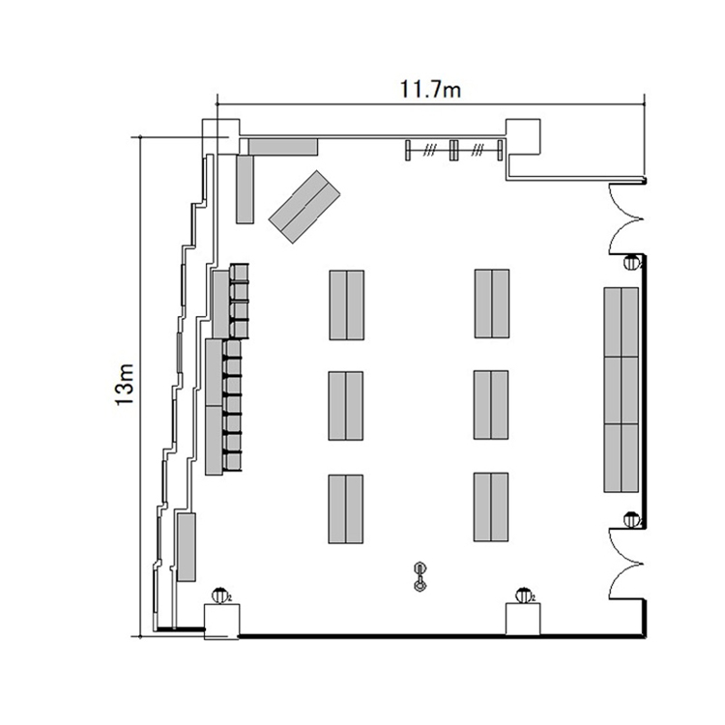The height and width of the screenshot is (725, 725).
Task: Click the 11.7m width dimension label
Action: (x=430, y=89)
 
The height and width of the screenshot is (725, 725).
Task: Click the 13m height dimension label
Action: (x=124, y=385)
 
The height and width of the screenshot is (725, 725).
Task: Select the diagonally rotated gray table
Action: (x=304, y=207)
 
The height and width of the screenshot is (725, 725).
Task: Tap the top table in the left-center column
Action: (x=346, y=305)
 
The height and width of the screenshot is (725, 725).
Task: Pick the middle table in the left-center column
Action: (x=346, y=406)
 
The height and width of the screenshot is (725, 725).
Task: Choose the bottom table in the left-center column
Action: (x=346, y=508)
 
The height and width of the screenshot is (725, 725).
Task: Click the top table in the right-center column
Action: (x=492, y=304)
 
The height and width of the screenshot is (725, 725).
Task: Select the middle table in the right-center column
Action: (x=491, y=405)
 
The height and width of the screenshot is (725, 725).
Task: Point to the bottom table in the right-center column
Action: (x=491, y=507)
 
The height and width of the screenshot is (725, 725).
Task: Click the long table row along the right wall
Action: (x=621, y=390)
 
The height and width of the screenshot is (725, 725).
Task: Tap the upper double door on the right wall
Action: (x=625, y=218)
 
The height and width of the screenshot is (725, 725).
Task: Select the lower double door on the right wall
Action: (x=625, y=565)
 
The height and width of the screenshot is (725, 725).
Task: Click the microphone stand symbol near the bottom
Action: (x=420, y=577)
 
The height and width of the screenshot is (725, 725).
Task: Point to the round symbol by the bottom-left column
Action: (x=221, y=595)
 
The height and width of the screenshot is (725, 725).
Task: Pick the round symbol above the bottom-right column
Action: (x=524, y=595)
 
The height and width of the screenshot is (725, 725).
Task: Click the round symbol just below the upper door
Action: (x=631, y=263)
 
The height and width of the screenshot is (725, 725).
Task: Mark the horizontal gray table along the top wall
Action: (x=283, y=147)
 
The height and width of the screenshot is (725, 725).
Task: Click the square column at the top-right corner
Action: (x=523, y=137)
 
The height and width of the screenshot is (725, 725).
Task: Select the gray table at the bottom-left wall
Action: (x=187, y=547)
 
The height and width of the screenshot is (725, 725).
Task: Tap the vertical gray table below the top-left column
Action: (x=246, y=189)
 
